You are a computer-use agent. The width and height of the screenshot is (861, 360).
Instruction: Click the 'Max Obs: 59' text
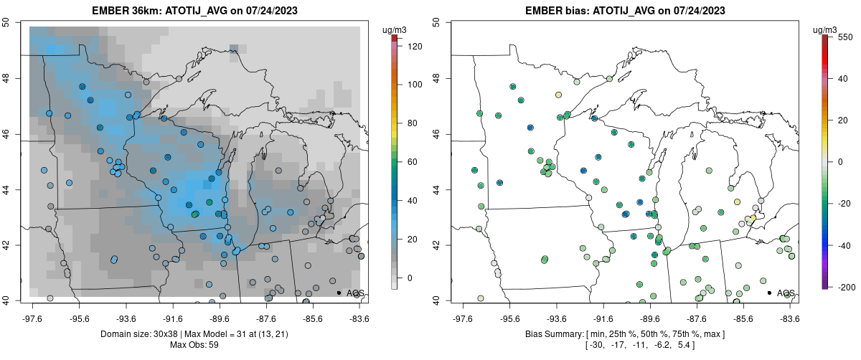click(194, 345)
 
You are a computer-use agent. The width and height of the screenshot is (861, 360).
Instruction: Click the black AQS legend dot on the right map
click(769, 293)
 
